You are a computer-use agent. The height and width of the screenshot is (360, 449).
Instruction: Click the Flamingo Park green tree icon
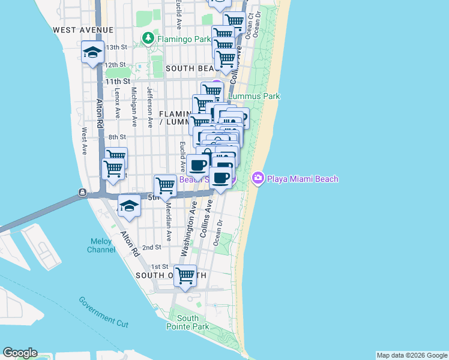coord(149,39)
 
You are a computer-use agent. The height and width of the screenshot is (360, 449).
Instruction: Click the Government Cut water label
coord(104,311)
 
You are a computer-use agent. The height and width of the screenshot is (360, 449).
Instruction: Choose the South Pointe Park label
coord(188,322)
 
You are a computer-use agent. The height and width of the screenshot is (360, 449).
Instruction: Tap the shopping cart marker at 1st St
coord(185,277)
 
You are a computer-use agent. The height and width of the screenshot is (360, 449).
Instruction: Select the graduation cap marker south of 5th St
coord(129,207)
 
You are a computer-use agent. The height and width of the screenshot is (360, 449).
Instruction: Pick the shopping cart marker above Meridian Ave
coord(165,185)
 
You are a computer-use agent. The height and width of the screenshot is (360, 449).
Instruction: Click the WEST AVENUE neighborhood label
coord(83,29)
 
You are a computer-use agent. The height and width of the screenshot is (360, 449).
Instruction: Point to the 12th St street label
coord(115,65)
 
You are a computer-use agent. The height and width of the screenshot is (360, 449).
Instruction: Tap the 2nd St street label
coord(151,247)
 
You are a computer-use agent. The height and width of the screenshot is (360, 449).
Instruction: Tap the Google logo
coord(20,353)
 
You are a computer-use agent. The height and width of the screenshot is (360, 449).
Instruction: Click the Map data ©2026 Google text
coord(411,355)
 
